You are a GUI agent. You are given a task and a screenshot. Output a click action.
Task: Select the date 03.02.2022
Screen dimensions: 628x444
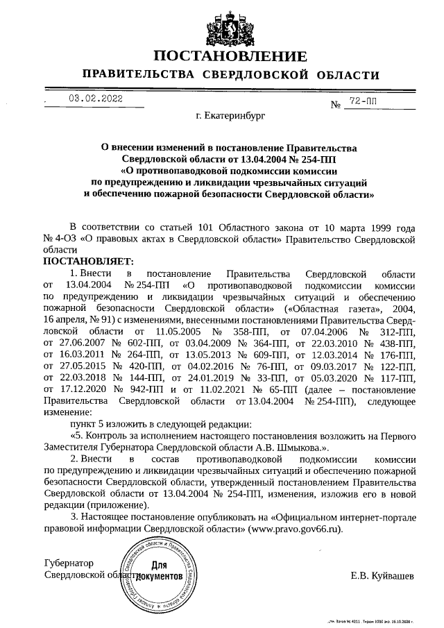95,99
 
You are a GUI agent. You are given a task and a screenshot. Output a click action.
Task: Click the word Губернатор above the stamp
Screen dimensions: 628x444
69,563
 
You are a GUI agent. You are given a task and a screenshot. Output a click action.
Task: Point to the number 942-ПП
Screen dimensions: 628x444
139,389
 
